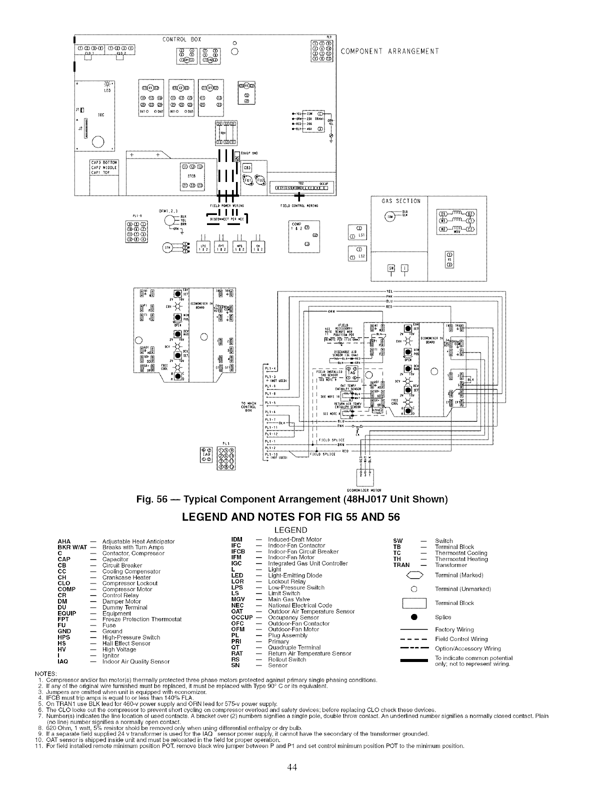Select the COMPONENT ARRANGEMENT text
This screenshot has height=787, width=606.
coord(389,51)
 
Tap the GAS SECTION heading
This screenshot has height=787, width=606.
coord(401,201)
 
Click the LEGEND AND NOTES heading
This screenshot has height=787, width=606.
coord(291,516)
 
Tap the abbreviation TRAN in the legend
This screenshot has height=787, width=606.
coord(401,565)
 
